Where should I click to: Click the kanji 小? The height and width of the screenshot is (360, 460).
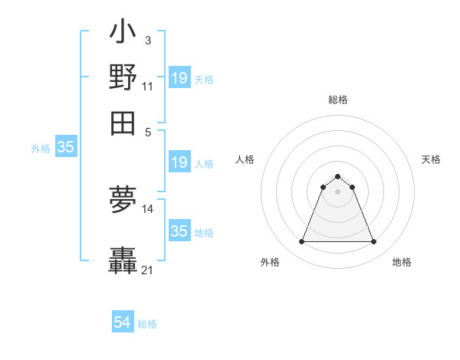tap(123, 34)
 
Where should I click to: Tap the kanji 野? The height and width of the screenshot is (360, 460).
tap(123, 78)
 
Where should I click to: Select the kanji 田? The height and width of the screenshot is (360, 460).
tap(123, 123)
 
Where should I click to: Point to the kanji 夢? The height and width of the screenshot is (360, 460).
tap(123, 201)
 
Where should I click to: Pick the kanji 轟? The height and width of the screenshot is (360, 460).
tap(123, 260)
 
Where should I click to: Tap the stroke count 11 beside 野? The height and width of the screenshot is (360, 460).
tap(147, 86)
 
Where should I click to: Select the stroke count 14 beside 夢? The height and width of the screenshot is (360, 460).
tap(148, 208)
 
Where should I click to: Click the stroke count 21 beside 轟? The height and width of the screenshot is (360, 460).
tap(148, 270)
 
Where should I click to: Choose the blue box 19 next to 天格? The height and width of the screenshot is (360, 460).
tap(179, 78)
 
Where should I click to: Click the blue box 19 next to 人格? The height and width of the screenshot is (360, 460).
tap(179, 162)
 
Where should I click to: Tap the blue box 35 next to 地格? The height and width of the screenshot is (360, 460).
tap(179, 231)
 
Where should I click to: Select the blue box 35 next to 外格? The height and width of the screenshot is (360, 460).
tap(65, 148)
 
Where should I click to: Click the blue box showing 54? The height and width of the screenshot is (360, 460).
tap(123, 323)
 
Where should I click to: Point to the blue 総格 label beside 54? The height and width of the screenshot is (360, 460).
tap(147, 324)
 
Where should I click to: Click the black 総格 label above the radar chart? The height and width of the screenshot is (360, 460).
tap(337, 100)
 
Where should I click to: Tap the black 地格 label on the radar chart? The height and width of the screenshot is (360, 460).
tap(402, 262)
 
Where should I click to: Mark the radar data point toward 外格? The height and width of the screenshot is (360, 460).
tap(301, 242)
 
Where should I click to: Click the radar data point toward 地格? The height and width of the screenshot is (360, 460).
tap(374, 242)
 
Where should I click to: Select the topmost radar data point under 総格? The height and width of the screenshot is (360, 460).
tap(337, 177)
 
